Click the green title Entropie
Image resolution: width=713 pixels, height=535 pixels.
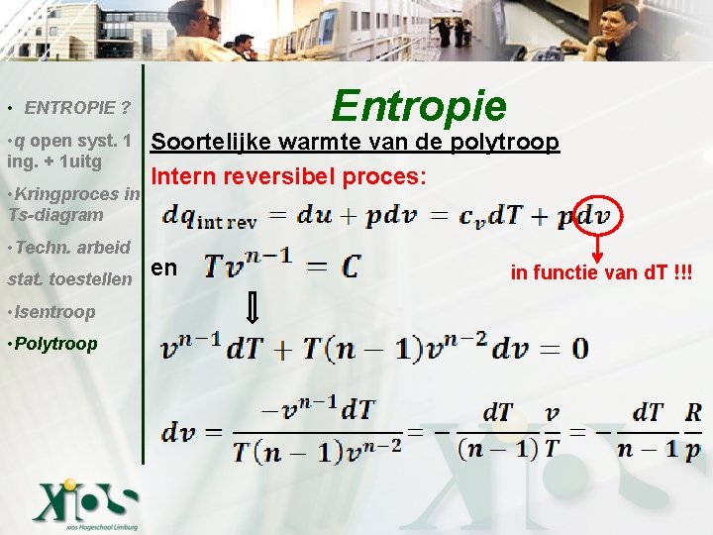419,105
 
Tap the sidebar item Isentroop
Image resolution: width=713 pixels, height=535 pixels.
52,312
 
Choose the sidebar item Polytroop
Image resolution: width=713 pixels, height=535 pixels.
53,344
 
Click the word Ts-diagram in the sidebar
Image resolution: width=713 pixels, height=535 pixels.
54,215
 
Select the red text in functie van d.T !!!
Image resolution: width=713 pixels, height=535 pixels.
601,272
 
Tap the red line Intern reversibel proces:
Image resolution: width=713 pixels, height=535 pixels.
289,176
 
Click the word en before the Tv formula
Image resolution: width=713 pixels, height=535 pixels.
164,267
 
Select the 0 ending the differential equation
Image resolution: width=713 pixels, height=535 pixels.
578,348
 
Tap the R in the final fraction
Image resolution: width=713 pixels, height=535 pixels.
693,411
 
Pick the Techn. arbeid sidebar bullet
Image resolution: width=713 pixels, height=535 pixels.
69,247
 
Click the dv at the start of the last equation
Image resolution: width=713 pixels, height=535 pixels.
184,432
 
